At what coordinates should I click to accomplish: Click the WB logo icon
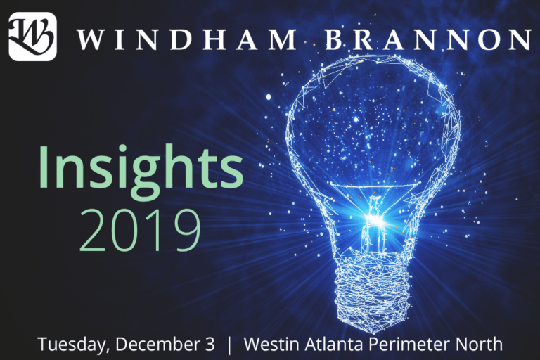[x=33, y=37]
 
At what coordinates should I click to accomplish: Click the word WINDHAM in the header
[x=186, y=39]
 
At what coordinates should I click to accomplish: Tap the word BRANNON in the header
[x=429, y=39]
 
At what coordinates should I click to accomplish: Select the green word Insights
[x=141, y=167]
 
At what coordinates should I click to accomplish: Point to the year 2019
[x=140, y=229]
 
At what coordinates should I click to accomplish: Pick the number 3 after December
[x=210, y=344]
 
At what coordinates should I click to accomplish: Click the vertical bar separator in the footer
[x=230, y=345]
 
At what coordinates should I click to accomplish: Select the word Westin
[x=271, y=344]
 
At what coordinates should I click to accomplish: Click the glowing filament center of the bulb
[x=374, y=219]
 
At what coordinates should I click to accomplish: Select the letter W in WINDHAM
[x=90, y=39]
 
